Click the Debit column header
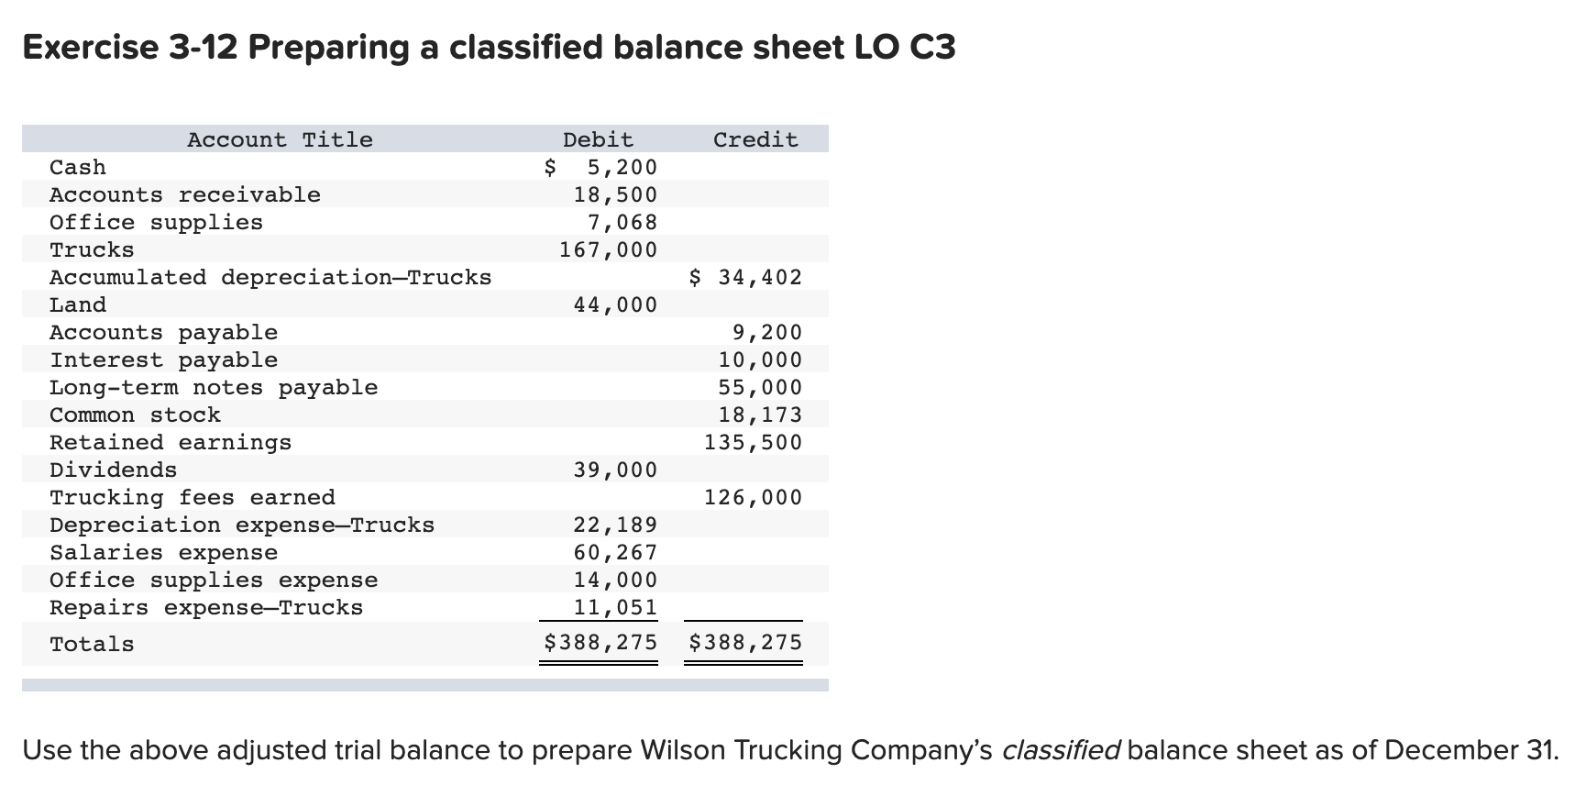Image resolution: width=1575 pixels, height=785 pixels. click(598, 139)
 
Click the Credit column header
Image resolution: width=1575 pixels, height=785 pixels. click(755, 139)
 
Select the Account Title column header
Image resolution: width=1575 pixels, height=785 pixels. click(280, 139)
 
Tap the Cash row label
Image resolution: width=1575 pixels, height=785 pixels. click(78, 167)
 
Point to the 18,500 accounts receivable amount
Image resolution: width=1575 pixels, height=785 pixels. click(615, 194)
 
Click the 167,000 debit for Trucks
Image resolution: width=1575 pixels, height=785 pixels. click(609, 249)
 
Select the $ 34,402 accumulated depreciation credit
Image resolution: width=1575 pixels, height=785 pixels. click(745, 277)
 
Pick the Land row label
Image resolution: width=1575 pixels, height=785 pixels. click(78, 304)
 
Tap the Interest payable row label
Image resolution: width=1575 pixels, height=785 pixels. click(163, 359)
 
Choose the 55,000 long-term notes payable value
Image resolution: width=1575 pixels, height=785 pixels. click(760, 387)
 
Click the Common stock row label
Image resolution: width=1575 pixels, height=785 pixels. click(135, 415)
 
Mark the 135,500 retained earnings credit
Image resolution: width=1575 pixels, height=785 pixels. click(753, 442)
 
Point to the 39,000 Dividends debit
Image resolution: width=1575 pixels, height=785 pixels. click(615, 470)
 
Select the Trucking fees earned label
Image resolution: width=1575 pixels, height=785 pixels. click(193, 497)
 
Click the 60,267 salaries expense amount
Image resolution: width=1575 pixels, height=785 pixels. click(615, 552)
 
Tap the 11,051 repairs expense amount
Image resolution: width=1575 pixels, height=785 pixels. click(615, 607)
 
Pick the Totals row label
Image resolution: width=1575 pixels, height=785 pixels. click(92, 644)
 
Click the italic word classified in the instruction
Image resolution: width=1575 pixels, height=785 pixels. click(1061, 750)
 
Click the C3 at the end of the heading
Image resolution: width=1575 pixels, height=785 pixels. click(933, 47)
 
